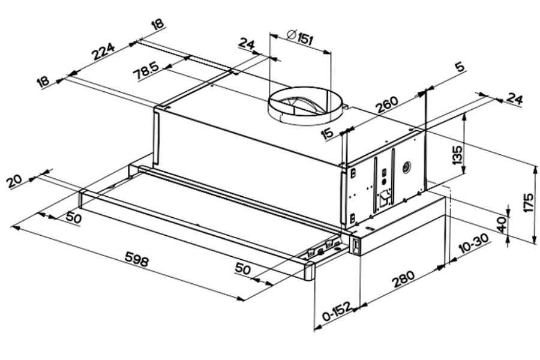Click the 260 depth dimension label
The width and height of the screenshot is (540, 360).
388,108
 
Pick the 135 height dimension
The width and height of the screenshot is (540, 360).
457,155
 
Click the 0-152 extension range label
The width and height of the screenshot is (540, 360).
337,314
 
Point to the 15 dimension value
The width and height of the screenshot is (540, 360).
328,133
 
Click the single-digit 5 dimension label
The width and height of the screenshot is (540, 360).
460,67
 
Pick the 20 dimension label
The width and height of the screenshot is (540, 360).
16,181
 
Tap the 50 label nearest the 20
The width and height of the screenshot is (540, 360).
73,217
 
